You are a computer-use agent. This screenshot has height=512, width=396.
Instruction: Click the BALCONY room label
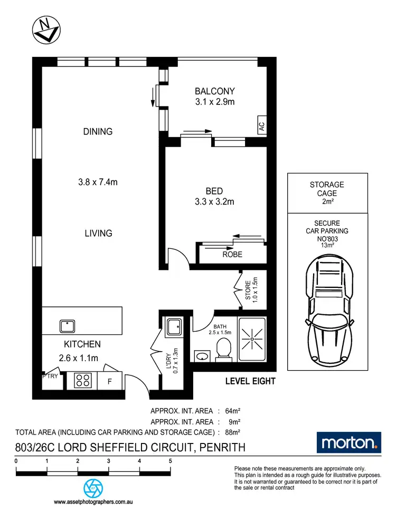pos(214,91)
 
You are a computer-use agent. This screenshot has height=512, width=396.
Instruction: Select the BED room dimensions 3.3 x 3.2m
pos(214,201)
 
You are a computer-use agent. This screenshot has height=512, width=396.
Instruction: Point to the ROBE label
pos(232,254)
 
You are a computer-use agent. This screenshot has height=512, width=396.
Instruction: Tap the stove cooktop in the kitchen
pos(83,380)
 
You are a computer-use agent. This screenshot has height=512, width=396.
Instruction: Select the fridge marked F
pos(110,380)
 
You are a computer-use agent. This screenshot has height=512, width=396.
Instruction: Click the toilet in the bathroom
pos(223,350)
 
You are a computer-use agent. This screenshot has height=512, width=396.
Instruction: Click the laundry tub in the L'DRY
pos(173,327)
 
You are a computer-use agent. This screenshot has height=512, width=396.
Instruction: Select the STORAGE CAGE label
pos(327,189)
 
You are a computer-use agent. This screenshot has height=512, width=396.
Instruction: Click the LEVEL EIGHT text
pos(250,381)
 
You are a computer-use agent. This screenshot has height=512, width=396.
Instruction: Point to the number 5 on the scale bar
pos(170,460)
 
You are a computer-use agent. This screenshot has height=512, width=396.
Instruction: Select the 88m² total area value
pos(232,432)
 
